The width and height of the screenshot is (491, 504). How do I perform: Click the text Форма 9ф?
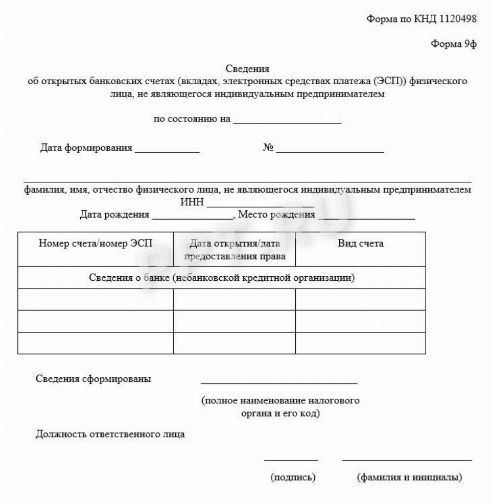tap(454, 44)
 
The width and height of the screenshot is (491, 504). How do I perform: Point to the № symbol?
tap(268, 149)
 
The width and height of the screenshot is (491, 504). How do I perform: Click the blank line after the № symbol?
tap(331, 152)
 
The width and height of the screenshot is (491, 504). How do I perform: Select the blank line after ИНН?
tap(260, 206)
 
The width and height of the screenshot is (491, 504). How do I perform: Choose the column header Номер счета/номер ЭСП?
tap(96, 244)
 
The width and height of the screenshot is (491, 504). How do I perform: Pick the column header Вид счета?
tap(360, 244)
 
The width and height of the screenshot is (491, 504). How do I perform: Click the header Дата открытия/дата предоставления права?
tap(234, 249)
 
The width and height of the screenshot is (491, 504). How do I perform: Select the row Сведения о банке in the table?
tap(221, 278)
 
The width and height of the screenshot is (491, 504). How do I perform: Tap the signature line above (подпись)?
tap(291, 460)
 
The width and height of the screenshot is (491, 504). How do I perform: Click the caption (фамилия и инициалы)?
tap(409, 478)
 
